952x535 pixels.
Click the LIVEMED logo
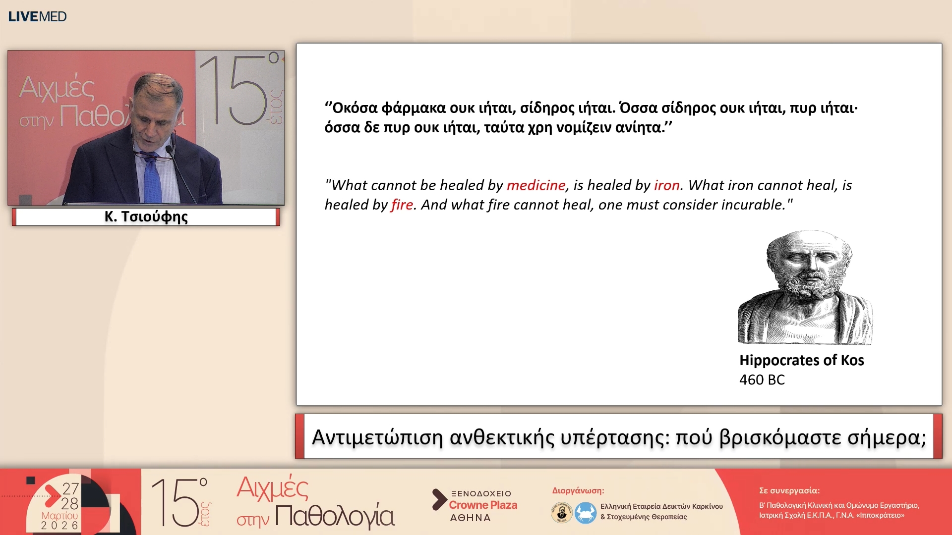tap(37, 16)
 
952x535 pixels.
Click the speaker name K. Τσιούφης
tap(146, 217)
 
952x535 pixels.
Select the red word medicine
tap(535, 185)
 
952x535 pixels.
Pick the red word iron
tap(666, 185)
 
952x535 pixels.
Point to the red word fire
tap(402, 205)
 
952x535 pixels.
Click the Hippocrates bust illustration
tap(805, 287)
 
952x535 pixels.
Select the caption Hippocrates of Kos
tap(801, 360)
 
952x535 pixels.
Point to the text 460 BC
tap(762, 380)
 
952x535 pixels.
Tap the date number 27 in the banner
tap(70, 489)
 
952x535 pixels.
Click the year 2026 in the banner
tap(59, 526)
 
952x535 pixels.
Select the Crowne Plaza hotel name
tap(483, 505)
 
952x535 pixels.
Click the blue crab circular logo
tap(585, 512)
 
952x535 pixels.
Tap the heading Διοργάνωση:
tap(578, 490)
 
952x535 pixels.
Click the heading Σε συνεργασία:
tap(789, 490)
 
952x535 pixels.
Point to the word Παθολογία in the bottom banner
tap(335, 516)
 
